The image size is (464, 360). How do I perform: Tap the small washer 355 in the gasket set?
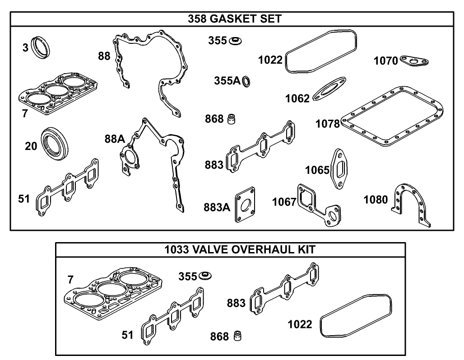pos(235,41)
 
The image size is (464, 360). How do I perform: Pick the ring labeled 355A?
pos(247,82)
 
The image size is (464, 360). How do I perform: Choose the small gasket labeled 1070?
pos(414,61)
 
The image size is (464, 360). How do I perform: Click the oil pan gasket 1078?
pos(391,117)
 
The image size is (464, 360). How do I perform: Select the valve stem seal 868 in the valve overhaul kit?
pos(237,337)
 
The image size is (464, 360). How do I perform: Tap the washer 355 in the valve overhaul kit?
pos(206,275)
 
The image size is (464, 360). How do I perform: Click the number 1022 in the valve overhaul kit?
pos(300,324)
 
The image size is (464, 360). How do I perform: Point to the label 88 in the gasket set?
pos(104,56)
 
